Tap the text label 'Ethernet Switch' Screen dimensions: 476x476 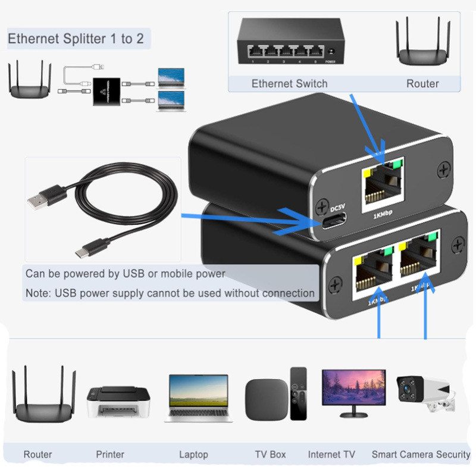tap(290, 83)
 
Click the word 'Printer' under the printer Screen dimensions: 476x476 tap(110, 455)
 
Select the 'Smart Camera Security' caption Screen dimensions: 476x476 tap(421, 455)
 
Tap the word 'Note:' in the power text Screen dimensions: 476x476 tap(38, 293)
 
